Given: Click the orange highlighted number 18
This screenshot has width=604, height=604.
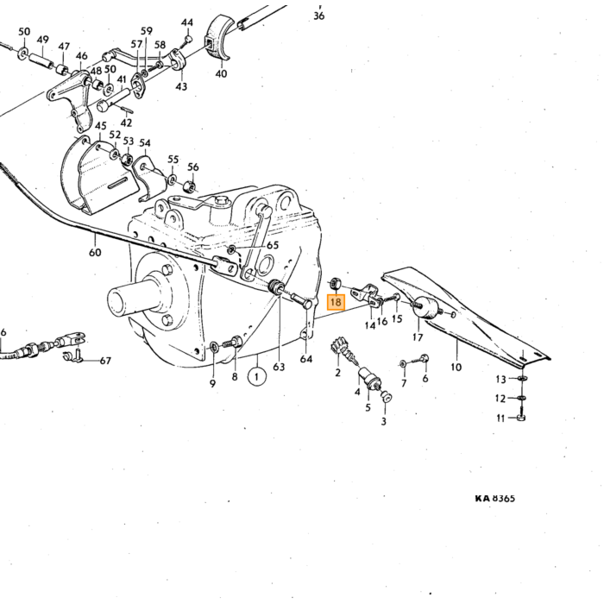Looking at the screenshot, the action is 336,302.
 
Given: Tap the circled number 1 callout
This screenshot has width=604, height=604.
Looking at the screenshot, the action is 257,376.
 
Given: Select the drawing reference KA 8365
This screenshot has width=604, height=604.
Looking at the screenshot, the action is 495,498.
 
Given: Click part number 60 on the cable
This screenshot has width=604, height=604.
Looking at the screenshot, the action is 95,252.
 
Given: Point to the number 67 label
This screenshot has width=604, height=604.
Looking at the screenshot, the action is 105,361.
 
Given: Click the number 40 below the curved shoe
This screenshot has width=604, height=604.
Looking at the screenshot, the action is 221,73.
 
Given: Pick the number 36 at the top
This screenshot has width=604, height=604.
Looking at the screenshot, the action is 319,16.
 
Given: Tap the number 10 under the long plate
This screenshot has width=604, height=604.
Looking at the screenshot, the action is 456,367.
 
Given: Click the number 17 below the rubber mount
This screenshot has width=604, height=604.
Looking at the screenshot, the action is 418,337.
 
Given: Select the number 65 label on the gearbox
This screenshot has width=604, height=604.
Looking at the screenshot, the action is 273,245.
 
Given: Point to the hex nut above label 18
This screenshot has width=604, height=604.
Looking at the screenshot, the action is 335,284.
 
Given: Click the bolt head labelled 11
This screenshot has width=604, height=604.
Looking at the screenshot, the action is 520,418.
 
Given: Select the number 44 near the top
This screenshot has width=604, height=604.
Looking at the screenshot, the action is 187,22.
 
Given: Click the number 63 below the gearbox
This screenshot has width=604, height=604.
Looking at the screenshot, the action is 279,367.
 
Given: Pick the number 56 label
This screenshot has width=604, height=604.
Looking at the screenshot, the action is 193,167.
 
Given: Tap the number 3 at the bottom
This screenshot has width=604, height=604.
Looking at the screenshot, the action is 383,421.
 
